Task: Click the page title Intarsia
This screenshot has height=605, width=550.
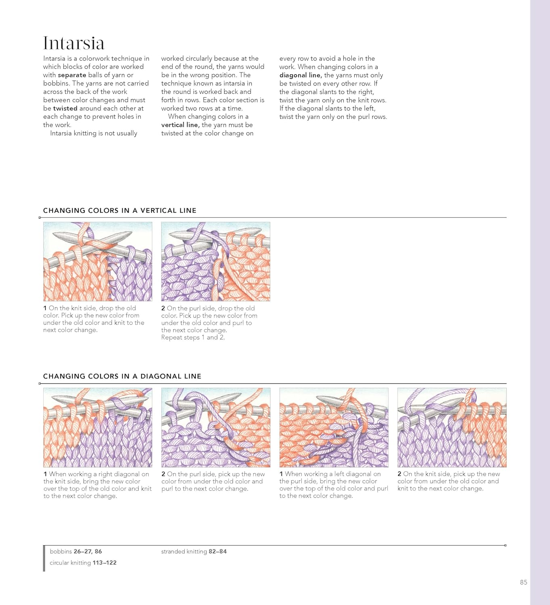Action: pos(73,44)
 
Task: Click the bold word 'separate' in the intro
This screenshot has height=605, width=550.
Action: pos(72,75)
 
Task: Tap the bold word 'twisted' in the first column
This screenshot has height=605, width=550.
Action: pos(65,108)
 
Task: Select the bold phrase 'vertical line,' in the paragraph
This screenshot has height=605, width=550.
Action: pos(180,125)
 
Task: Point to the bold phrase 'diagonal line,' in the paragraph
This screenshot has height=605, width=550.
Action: pos(301,75)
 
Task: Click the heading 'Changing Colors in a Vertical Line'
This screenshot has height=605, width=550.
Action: pos(120,211)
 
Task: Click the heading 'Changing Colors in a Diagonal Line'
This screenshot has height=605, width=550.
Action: pos(122,376)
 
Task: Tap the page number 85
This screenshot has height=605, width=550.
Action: pos(523,582)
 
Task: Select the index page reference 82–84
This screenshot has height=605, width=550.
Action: pos(217,551)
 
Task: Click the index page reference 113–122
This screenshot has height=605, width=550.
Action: pos(104,563)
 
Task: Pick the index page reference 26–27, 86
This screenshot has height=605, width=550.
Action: pos(88,551)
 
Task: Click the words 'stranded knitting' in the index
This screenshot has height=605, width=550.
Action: pos(184,551)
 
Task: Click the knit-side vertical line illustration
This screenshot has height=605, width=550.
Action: pos(98,261)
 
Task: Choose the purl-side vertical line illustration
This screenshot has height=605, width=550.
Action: pos(215,261)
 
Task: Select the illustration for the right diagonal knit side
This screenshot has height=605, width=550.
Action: pos(98,428)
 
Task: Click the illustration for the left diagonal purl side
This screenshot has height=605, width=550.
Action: pos(334,428)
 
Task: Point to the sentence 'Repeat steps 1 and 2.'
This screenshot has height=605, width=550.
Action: pos(193,338)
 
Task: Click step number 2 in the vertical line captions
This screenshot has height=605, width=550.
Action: pos(163,309)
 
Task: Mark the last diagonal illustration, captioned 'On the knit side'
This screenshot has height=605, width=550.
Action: pos(452,428)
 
